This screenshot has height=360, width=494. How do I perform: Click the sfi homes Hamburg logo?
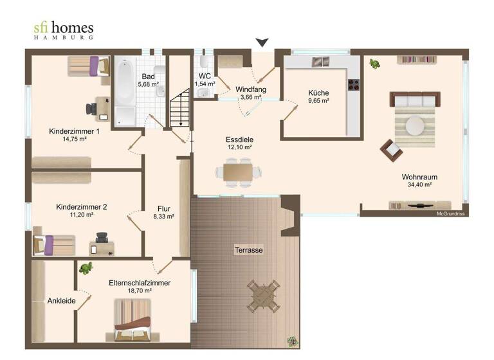[63, 30]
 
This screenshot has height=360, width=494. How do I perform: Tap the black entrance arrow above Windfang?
[262, 43]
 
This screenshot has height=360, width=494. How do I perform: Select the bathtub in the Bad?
[125, 93]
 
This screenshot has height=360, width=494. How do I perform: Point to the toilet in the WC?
[203, 62]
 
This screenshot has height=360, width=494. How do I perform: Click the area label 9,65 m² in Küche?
[318, 101]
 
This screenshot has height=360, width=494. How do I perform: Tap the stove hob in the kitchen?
[352, 84]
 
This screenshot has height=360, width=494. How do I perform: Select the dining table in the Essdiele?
[238, 172]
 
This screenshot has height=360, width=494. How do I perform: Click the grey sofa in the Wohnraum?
[415, 100]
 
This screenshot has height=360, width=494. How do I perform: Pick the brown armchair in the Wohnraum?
[390, 150]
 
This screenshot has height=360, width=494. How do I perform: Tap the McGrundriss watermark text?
[450, 213]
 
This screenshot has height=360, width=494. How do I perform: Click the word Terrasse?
[248, 249]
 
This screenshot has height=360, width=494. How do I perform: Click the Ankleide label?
[61, 301]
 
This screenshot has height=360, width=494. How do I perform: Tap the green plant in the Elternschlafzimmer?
[85, 267]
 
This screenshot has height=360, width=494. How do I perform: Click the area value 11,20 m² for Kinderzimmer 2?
[81, 217]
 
